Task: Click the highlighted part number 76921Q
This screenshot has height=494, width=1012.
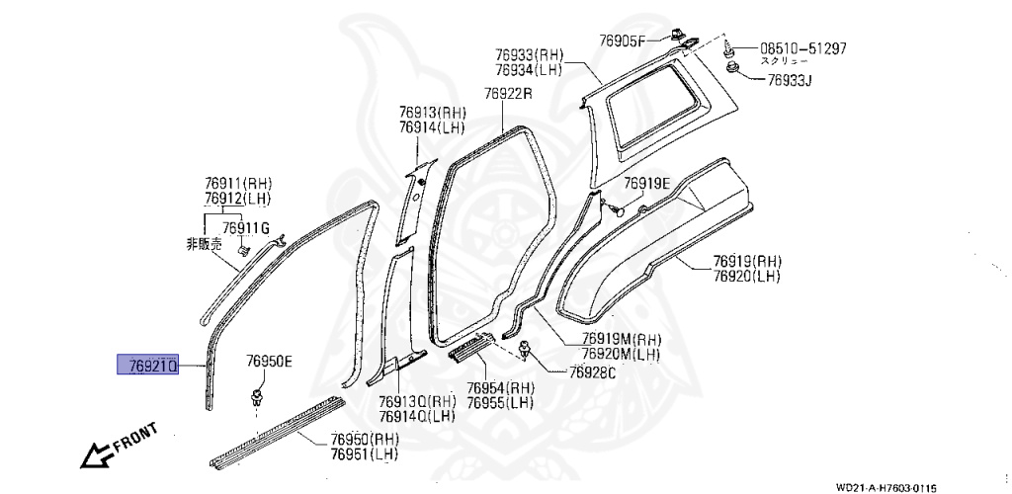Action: tap(153, 367)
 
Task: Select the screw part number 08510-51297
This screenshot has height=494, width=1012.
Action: tap(802, 47)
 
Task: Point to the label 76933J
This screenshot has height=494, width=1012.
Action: tap(789, 79)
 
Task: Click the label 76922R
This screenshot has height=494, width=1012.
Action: tap(508, 94)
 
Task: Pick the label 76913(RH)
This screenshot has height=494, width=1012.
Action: tap(433, 113)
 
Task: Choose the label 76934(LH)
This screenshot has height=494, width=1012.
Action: tap(530, 70)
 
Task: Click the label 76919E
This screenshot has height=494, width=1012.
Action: tap(646, 184)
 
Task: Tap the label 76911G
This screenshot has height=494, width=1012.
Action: tap(245, 228)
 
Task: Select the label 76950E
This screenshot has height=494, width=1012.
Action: tap(270, 362)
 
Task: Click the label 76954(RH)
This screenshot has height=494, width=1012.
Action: tap(500, 388)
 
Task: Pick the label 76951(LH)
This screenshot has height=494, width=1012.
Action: tap(365, 453)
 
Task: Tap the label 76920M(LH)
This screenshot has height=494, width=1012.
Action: tap(622, 354)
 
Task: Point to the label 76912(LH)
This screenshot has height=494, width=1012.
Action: tap(238, 199)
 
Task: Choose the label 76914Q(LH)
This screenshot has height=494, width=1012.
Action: tap(415, 416)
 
